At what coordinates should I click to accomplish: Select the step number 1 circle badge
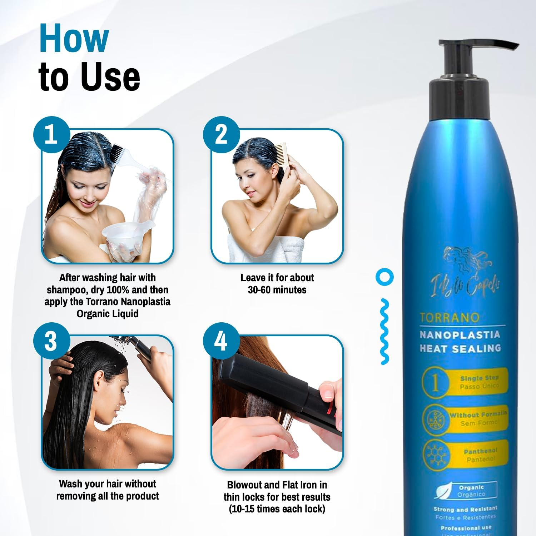pos(51,135)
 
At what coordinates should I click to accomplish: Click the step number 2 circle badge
pos(221,135)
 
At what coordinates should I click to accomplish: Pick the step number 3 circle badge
pos(51,341)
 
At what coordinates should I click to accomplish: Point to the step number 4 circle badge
pos(221,341)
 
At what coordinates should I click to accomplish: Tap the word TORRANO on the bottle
pos(449,318)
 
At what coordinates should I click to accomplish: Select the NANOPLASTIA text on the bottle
pos(460,335)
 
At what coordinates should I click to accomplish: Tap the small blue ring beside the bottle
pos(384,277)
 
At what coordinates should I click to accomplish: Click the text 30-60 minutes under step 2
pos(277,290)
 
